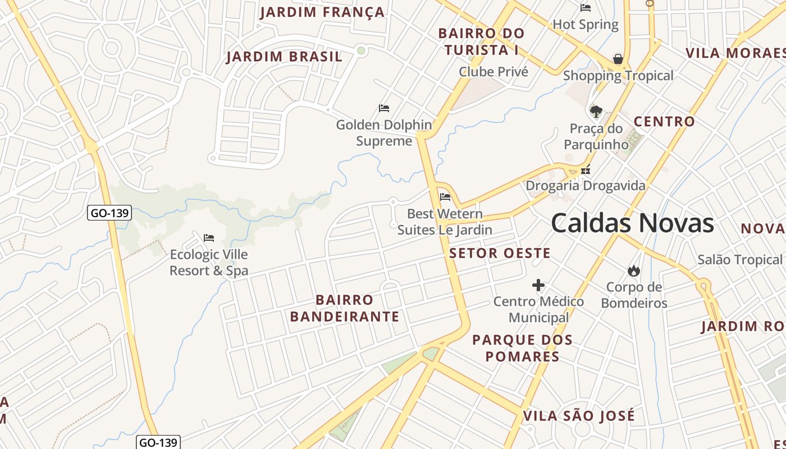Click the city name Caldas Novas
632,223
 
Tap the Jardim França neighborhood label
322,12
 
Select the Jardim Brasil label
284,57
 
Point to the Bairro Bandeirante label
345,308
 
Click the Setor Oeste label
500,253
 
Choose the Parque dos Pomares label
523,348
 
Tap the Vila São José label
579,416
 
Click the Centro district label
664,121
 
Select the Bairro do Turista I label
481,42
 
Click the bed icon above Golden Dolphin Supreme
384,108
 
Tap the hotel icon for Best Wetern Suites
445,196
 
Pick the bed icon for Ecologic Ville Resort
209,238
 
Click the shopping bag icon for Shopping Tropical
618,59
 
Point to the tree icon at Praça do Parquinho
596,111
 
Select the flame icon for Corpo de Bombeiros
634,271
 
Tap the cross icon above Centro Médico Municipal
538,285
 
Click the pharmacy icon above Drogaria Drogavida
586,169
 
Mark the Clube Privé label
493,72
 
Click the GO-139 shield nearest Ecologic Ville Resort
109,213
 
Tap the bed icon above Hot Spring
586,8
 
